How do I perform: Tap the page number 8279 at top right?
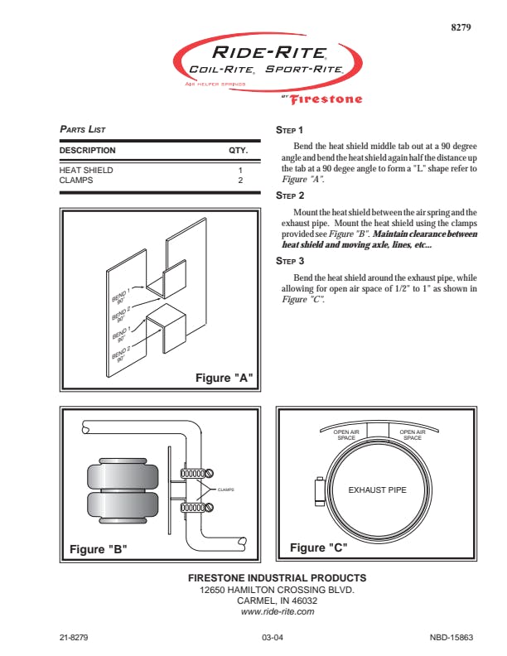click(x=461, y=27)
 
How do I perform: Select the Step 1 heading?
click(x=289, y=130)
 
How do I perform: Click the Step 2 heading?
click(x=289, y=195)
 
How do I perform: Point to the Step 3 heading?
click(x=289, y=260)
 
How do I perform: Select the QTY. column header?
click(x=239, y=151)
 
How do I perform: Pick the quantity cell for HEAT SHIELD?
click(x=240, y=170)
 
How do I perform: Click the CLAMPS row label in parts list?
click(x=75, y=180)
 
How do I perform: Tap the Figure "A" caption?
click(x=224, y=378)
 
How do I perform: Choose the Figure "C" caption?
click(x=318, y=547)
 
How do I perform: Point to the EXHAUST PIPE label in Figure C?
click(x=377, y=490)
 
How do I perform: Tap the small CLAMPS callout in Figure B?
click(x=226, y=490)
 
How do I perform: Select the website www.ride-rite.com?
click(x=277, y=611)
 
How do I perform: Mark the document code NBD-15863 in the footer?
click(x=451, y=638)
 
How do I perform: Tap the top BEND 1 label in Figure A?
click(x=120, y=296)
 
